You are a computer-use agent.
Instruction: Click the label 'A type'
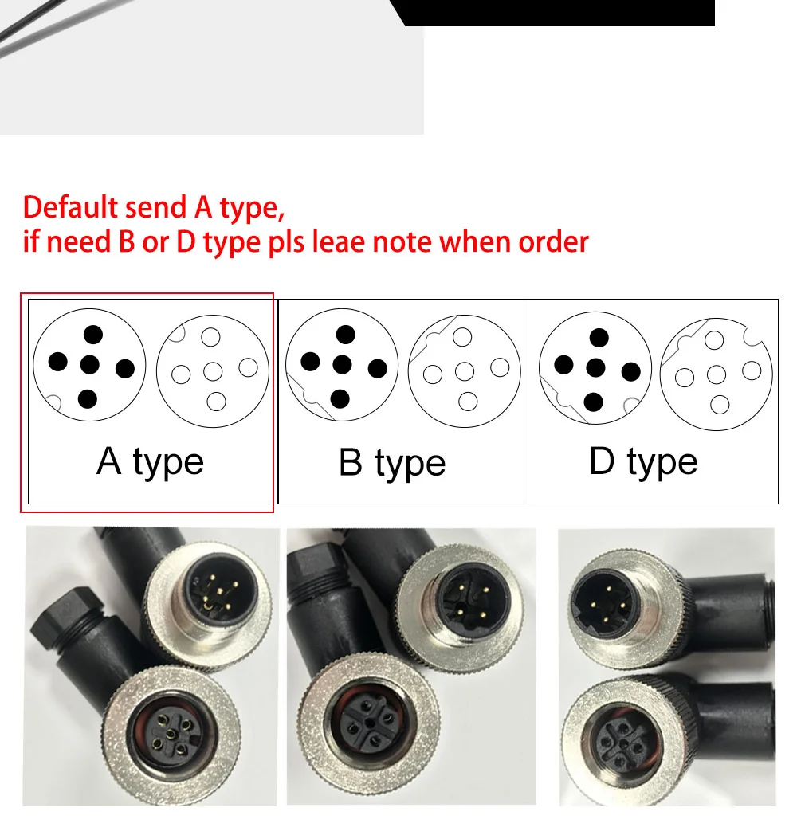[x=151, y=462]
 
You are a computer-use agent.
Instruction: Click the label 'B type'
[x=392, y=464]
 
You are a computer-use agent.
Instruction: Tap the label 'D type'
[x=643, y=462]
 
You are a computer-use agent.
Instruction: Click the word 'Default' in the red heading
[x=71, y=207]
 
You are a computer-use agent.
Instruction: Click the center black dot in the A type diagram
[x=90, y=366]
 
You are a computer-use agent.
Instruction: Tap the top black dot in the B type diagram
[x=345, y=335]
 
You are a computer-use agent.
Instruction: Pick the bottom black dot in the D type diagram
[x=593, y=402]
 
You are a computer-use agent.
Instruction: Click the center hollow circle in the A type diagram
[x=213, y=371]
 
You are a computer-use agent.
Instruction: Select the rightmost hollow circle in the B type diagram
[x=500, y=368]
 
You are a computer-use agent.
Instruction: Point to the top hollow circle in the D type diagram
[x=714, y=340]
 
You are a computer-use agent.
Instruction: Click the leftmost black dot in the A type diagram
[x=58, y=362]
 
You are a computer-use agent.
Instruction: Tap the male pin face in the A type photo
[x=221, y=592]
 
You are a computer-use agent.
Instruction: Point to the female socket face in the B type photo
[x=369, y=723]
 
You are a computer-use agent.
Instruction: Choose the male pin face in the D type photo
[x=605, y=604]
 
